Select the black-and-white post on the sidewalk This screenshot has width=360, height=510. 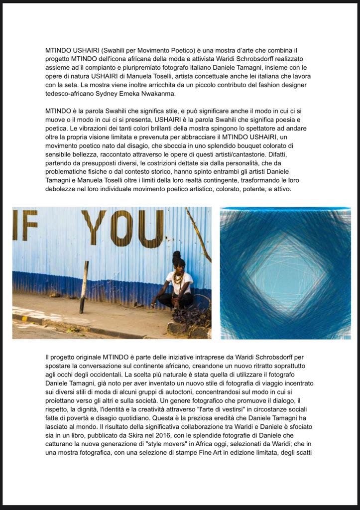pos(84,287)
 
